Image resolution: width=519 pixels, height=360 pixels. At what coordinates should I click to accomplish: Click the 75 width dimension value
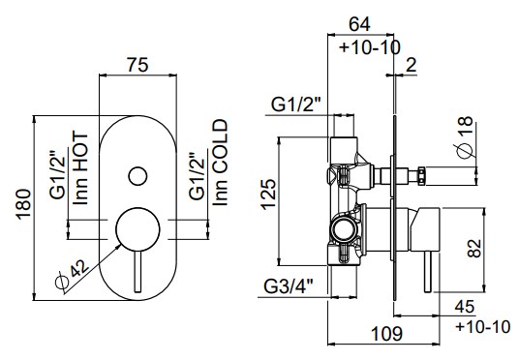coord(137,65)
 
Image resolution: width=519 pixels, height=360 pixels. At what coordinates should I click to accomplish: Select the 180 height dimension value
coord(24,204)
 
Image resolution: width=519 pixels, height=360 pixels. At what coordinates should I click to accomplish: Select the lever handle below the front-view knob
coord(137,272)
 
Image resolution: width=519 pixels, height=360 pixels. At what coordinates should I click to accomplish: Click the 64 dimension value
coord(360,24)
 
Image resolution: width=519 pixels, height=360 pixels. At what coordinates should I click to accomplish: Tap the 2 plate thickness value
coord(411,65)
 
